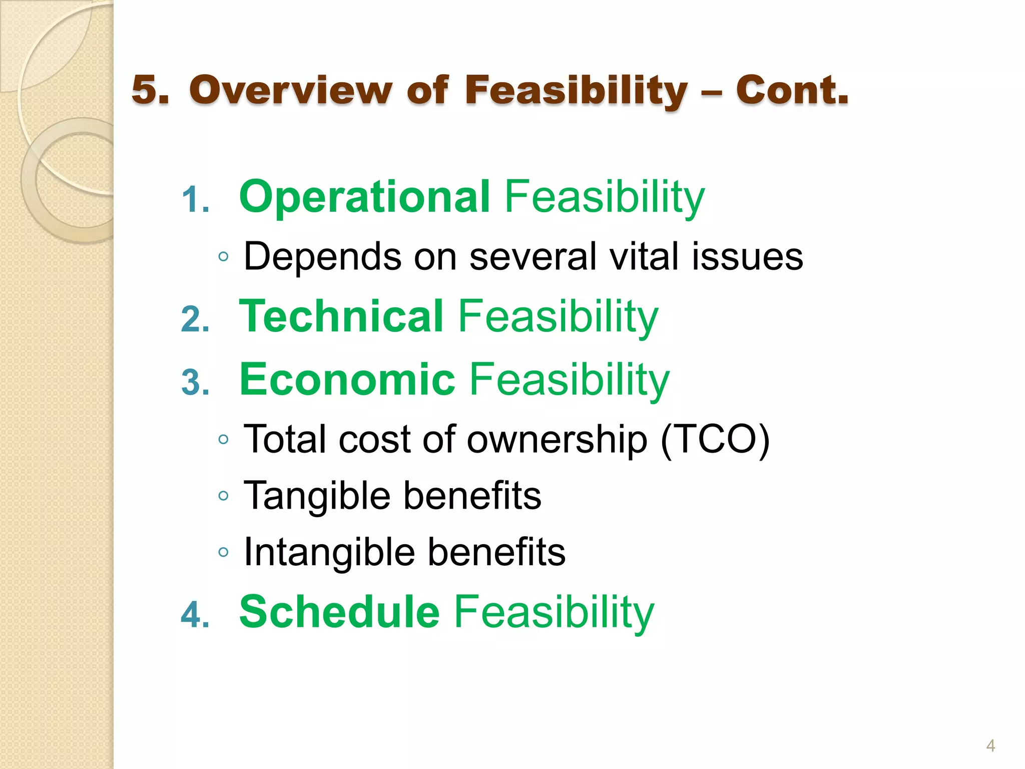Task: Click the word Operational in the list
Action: (x=364, y=197)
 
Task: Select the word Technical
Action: (x=341, y=316)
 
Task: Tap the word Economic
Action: (x=347, y=379)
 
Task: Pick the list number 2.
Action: (x=195, y=319)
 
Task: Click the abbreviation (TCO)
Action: (x=715, y=440)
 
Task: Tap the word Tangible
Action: (x=316, y=496)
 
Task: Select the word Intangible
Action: (x=329, y=552)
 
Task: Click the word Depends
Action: (x=322, y=256)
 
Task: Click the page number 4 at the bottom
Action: (x=990, y=745)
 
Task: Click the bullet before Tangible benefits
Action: (x=223, y=497)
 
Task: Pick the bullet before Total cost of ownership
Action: (x=223, y=440)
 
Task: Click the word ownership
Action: (x=557, y=440)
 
